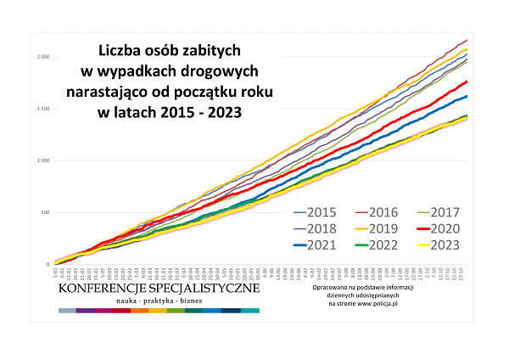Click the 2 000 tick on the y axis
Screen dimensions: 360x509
tap(42, 57)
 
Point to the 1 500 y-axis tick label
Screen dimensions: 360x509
tap(42, 109)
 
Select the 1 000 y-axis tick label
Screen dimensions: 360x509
tap(42, 160)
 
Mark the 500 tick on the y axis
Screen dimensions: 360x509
tap(45, 212)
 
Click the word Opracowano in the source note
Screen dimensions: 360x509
tap(331, 288)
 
